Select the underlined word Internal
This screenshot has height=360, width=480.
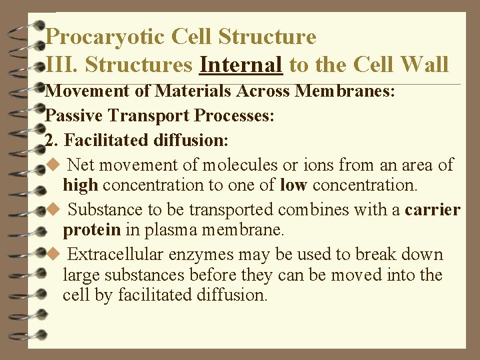coord(241,65)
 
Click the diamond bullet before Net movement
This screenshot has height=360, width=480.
coord(55,165)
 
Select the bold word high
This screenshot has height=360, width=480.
coord(81,185)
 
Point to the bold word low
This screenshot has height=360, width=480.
coord(292,185)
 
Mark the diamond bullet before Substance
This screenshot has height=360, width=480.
coord(55,210)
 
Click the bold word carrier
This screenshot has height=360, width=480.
coord(432,210)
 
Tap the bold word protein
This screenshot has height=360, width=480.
coord(91,230)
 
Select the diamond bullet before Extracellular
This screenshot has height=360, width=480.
coord(55,255)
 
